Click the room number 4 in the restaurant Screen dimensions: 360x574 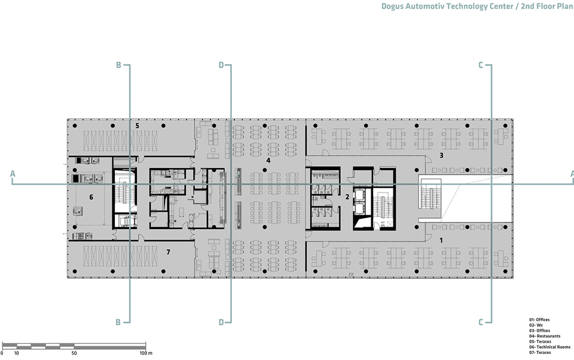coord(268,160)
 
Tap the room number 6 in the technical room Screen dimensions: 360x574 coord(91,197)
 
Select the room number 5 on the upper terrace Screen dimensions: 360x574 coord(137,126)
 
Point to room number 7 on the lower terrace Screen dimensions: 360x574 coord(168,252)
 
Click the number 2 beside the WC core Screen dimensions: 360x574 coord(347,196)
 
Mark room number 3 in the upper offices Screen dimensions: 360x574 coord(441,155)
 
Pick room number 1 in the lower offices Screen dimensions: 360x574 coord(441,240)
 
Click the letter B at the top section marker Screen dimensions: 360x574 coord(118,65)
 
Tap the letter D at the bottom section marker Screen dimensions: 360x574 coord(221,322)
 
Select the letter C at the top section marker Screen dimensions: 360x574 coord(481,65)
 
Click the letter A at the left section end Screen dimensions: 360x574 coord(12,174)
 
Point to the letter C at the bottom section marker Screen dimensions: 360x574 coord(481,322)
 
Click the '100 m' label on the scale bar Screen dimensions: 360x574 coord(145,353)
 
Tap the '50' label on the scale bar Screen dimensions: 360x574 coord(74,353)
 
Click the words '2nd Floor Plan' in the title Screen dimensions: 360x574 coord(544,8)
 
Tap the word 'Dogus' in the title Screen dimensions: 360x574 coord(395,8)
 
